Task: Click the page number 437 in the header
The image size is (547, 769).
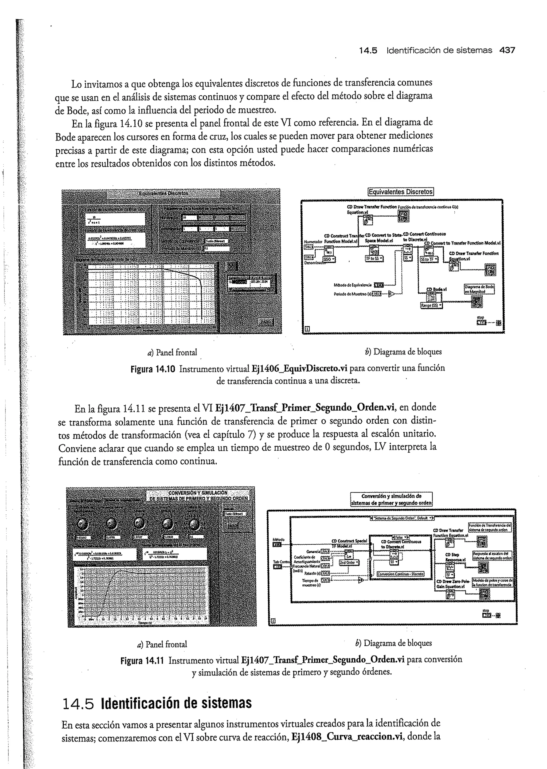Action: coord(507,50)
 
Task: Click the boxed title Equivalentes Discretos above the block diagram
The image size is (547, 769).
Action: coord(400,192)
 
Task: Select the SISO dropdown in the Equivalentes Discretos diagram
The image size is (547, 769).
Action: coord(329,259)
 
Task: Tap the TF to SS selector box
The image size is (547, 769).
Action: coord(374,258)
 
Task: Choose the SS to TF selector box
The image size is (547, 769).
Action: coord(429,259)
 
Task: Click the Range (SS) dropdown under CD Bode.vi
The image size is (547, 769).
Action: coord(431,305)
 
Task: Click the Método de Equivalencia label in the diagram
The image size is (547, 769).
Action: coord(352,285)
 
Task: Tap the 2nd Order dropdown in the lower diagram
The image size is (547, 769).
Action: coord(349,563)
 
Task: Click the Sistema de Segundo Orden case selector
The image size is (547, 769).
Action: coord(401,518)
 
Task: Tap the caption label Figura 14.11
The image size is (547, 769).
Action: coord(142,659)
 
